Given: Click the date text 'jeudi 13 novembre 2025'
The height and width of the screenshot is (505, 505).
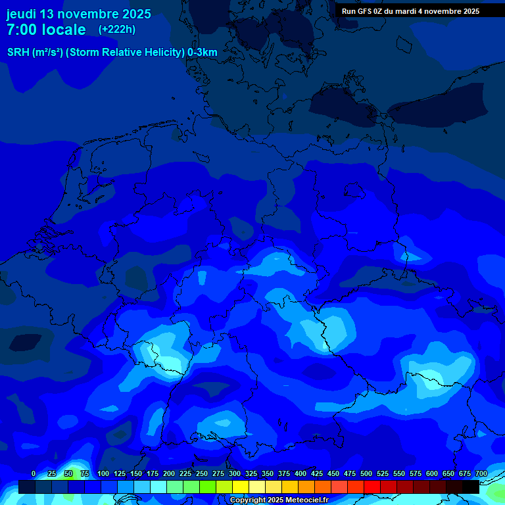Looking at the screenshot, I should coord(79,14).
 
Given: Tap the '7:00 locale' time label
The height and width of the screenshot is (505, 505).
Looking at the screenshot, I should coord(47,30).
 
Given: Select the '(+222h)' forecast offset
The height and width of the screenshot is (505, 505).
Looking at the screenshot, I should coord(117,30).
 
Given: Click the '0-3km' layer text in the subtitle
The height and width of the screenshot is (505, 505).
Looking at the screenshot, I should coord(203,53).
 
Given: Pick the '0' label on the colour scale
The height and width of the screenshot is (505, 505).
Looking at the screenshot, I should coord(34,473).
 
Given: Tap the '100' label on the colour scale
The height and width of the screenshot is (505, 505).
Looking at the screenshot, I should coord(103,473).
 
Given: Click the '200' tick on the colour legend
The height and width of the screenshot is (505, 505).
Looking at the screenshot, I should coord(169,473).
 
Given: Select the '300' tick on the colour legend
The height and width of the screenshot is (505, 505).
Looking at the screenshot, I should coord(235,473).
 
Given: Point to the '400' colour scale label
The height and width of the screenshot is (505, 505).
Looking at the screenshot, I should coord(301,473).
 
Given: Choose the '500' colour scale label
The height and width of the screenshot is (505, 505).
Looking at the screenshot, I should coord(366,473).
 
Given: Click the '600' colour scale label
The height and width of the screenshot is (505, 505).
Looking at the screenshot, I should coord(432,473).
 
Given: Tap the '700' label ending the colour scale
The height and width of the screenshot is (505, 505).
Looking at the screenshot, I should coord(481,473).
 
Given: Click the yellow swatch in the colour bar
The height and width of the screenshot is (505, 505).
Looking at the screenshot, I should coord(241,487).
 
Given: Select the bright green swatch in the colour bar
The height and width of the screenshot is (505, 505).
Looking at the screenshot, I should coord(208,487).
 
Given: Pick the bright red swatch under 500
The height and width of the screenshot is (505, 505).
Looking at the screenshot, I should coord(372,487).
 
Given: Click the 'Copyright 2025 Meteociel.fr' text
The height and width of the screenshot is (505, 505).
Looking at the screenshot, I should coord(279,500).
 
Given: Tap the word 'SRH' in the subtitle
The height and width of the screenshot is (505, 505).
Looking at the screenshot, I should coord(18,53).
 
